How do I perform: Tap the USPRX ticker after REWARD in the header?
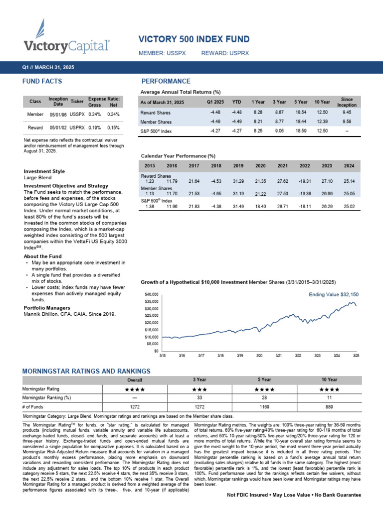(239, 53)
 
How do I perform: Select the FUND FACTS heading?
(42, 81)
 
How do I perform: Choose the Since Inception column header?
(347, 102)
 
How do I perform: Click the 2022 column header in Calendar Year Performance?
(305, 165)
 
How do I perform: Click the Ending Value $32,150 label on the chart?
(333, 294)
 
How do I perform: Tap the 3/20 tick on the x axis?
(259, 356)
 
